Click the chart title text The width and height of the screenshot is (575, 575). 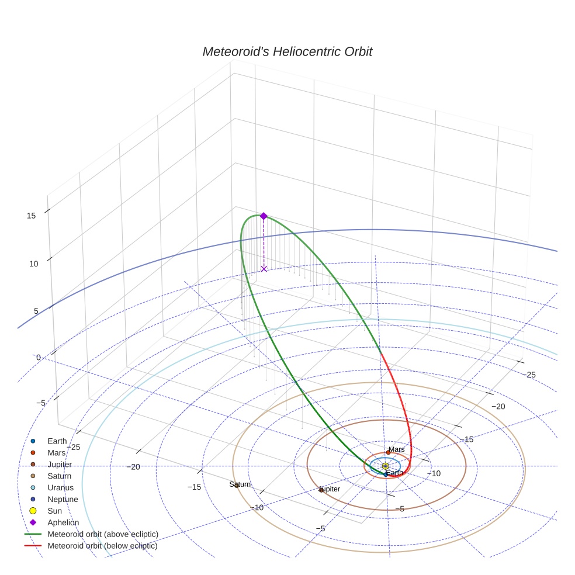tap(287, 52)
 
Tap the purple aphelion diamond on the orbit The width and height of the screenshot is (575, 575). tap(264, 216)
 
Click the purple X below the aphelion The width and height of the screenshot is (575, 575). tap(264, 269)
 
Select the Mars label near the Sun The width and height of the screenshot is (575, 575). tap(397, 449)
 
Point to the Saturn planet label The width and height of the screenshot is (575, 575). tap(240, 484)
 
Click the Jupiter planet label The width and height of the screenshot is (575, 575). tap(330, 489)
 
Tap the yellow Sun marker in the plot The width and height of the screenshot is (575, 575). tap(386, 466)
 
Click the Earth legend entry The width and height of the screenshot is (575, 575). tap(57, 441)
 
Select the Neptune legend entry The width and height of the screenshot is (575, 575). tap(63, 499)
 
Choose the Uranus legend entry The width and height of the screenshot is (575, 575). tap(60, 487)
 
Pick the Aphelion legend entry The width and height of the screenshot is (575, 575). tap(63, 522)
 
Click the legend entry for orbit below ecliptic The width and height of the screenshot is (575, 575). tap(102, 546)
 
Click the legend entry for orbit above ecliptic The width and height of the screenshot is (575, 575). tap(102, 534)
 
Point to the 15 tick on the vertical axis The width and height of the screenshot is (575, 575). tap(32, 216)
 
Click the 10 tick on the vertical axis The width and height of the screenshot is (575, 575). tap(34, 264)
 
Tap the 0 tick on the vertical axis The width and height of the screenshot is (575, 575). tap(39, 358)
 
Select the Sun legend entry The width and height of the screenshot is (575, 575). tap(54, 511)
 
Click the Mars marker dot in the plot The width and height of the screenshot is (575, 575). tap(388, 452)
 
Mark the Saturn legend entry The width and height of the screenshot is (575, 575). tap(59, 476)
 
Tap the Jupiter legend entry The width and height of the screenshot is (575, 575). tap(60, 465)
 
